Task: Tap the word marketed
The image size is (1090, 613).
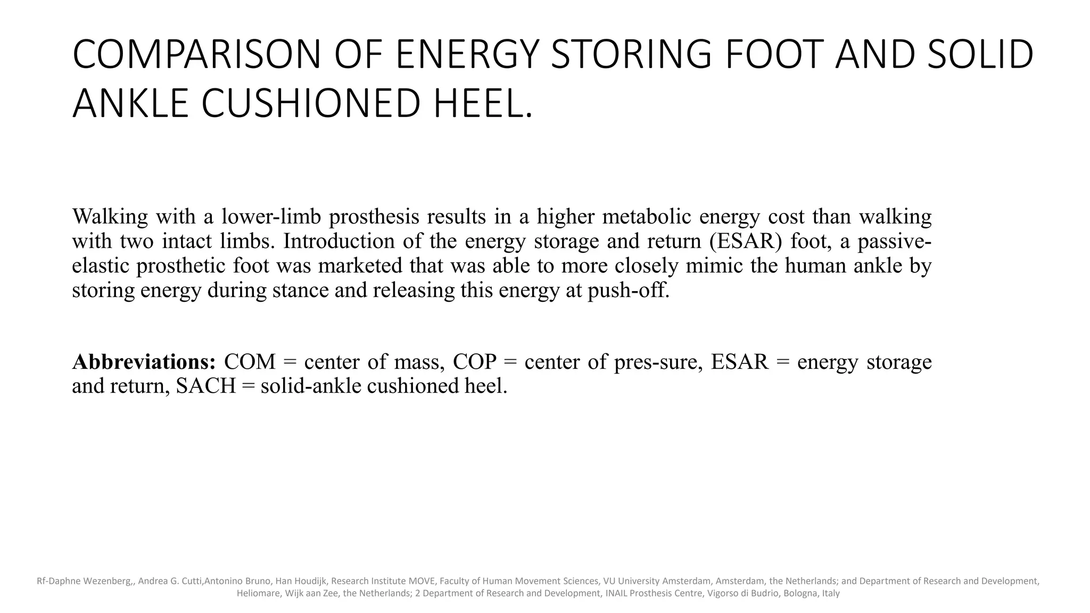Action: (360, 266)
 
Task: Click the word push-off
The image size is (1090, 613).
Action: (629, 290)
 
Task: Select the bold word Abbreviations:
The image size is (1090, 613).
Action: (144, 362)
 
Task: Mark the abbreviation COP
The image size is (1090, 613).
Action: (474, 362)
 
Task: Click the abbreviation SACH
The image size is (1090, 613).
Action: (205, 386)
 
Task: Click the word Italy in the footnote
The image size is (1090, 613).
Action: (830, 593)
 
